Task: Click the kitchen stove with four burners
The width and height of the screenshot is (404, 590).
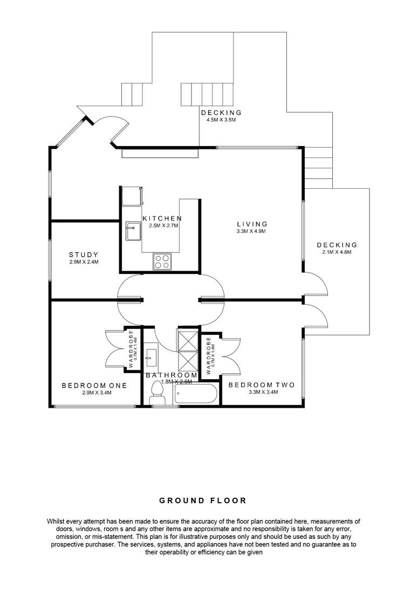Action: tap(161, 262)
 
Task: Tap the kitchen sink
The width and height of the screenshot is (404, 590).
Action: tap(133, 231)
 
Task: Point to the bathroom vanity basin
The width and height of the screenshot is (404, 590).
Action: tap(151, 356)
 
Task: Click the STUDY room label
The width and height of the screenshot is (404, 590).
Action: tap(83, 255)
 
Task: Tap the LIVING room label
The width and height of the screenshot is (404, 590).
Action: tap(252, 224)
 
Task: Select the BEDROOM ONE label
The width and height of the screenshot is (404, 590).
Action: tap(94, 386)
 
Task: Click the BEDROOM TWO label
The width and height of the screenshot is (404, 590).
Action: tap(261, 385)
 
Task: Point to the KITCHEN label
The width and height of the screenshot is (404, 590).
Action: tap(162, 218)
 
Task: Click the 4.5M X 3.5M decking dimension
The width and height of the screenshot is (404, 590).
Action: tap(221, 120)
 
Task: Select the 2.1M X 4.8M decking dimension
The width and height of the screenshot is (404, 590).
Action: tap(337, 252)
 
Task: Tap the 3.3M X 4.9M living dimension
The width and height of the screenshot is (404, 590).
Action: tap(252, 231)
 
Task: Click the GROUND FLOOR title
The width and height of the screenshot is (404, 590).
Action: tap(203, 500)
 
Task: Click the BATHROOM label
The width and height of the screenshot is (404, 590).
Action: tap(172, 375)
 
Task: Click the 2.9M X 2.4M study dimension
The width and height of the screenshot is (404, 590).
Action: tap(84, 262)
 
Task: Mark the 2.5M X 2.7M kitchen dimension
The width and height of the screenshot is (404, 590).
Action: tap(163, 225)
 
